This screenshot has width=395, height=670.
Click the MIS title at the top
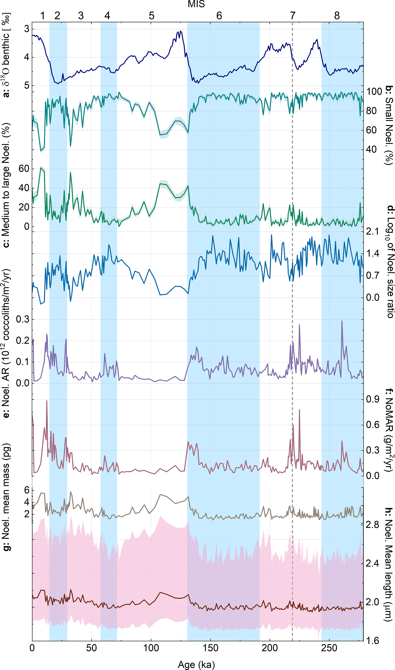click(196, 4)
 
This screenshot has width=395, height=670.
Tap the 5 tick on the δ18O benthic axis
click(27, 86)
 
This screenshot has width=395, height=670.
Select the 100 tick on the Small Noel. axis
click(374, 92)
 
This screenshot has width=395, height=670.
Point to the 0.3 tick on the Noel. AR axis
click(23, 320)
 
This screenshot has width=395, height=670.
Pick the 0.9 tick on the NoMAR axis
click(372, 399)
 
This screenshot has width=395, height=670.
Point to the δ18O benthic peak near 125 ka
click(181, 31)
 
